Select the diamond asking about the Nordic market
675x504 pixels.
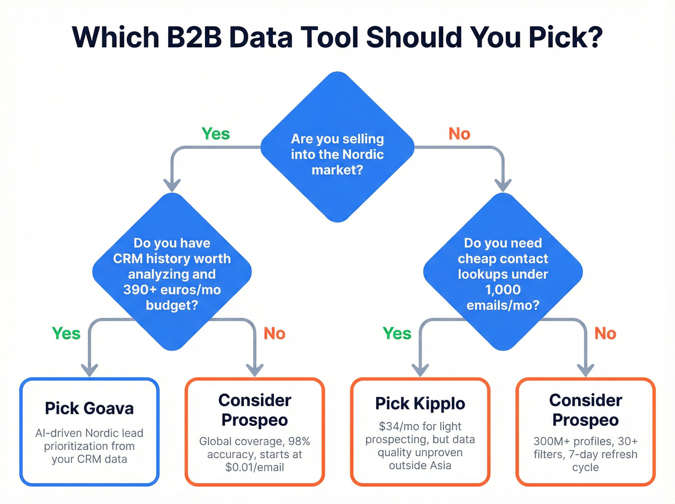click(337, 147)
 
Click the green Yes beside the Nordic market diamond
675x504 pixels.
click(216, 134)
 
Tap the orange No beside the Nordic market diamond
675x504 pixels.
click(459, 134)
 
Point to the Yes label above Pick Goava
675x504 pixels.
click(66, 333)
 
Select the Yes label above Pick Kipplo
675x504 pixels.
click(397, 333)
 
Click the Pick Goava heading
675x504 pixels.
click(89, 409)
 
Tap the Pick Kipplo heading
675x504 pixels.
click(420, 404)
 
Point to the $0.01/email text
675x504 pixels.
click(255, 467)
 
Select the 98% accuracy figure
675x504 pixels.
click(299, 441)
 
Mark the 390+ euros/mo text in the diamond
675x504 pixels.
click(172, 290)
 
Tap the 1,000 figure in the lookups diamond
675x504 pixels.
click(503, 290)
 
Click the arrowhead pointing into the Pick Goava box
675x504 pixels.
click(89, 370)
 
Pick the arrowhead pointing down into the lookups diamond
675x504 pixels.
click(503, 185)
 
